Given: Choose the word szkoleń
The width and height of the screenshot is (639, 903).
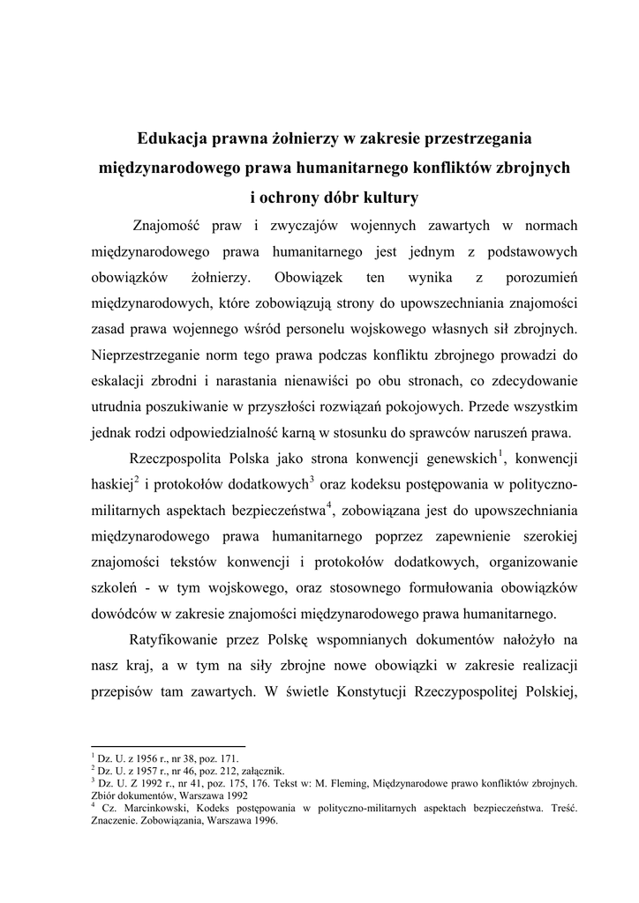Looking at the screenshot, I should pyautogui.click(x=116, y=586).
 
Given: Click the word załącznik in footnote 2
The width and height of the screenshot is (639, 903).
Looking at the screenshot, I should pyautogui.click(x=262, y=768).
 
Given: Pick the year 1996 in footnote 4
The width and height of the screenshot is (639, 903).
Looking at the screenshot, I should pyautogui.click(x=262, y=818).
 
